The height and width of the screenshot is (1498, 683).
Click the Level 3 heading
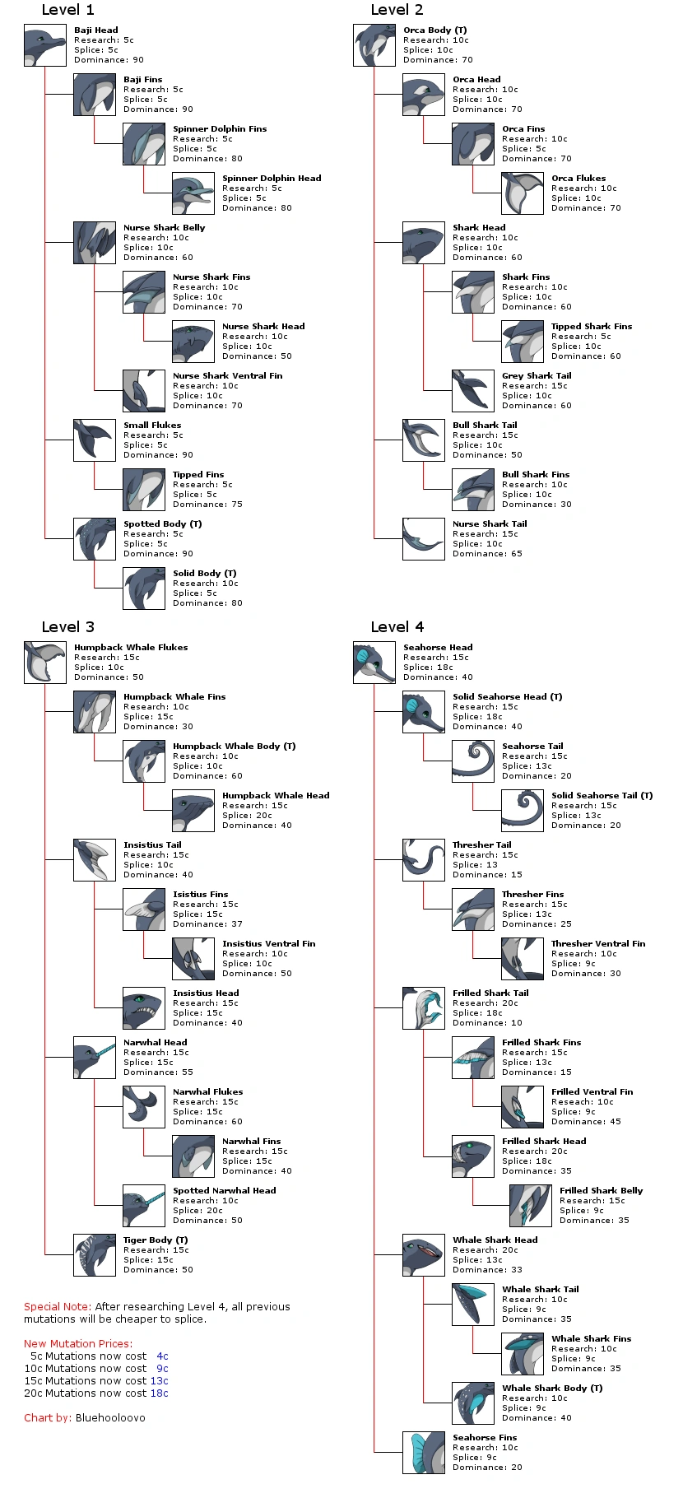(67, 627)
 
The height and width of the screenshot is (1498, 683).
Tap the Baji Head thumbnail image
(45, 45)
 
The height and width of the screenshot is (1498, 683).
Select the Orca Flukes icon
(523, 193)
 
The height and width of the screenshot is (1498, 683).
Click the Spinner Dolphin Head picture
(193, 193)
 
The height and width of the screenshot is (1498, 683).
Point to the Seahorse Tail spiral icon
(473, 761)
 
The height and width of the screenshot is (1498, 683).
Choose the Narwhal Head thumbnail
(95, 1058)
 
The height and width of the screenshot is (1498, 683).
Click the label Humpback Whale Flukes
(131, 648)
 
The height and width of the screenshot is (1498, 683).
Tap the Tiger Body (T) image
(95, 1255)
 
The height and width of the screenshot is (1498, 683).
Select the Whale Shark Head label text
(495, 1240)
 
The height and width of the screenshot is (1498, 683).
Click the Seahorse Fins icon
(424, 1453)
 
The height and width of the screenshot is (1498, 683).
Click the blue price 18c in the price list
(159, 1393)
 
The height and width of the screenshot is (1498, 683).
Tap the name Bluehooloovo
(110, 1418)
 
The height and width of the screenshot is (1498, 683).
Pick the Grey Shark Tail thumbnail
(473, 391)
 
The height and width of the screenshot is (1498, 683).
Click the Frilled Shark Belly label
(601, 1191)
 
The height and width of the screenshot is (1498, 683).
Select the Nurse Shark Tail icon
(424, 539)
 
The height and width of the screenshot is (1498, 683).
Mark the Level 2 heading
(397, 10)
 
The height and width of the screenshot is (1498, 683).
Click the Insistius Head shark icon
(144, 1008)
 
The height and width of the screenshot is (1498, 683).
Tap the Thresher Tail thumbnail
(424, 860)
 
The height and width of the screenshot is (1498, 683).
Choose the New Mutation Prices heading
(77, 1344)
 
